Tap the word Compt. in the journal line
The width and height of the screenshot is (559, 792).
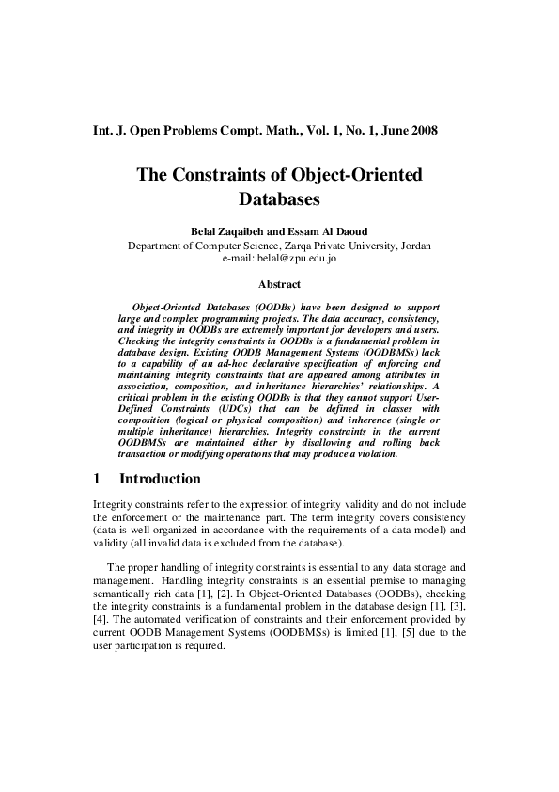pyautogui.click(x=247, y=129)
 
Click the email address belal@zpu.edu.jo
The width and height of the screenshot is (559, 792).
pyautogui.click(x=279, y=258)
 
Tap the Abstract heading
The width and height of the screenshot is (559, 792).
pyautogui.click(x=279, y=283)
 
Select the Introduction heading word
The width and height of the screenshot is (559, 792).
pyautogui.click(x=160, y=479)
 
